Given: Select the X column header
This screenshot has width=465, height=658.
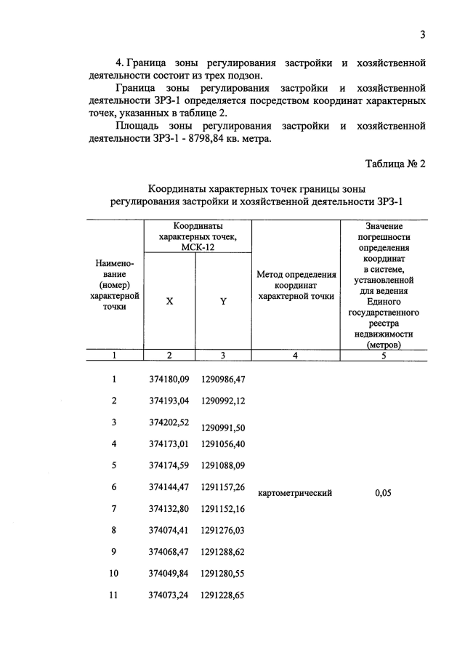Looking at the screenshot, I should pyautogui.click(x=169, y=302).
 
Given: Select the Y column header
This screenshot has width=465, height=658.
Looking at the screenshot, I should pyautogui.click(x=223, y=302).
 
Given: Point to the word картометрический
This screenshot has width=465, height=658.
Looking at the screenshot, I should pyautogui.click(x=295, y=493).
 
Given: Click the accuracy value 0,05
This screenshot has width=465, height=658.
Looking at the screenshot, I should pyautogui.click(x=383, y=493).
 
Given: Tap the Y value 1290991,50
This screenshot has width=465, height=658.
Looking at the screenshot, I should pyautogui.click(x=223, y=427).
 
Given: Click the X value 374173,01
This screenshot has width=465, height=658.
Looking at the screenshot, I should pyautogui.click(x=169, y=444).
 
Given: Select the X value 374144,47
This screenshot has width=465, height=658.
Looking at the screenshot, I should pyautogui.click(x=169, y=486).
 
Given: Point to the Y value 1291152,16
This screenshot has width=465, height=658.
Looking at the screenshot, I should pyautogui.click(x=223, y=508).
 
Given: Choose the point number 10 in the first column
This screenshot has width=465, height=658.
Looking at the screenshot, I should pyautogui.click(x=113, y=573).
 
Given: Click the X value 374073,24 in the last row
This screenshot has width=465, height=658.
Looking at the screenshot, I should pyautogui.click(x=169, y=595).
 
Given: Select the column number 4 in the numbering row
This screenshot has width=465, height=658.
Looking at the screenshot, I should pyautogui.click(x=295, y=356).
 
